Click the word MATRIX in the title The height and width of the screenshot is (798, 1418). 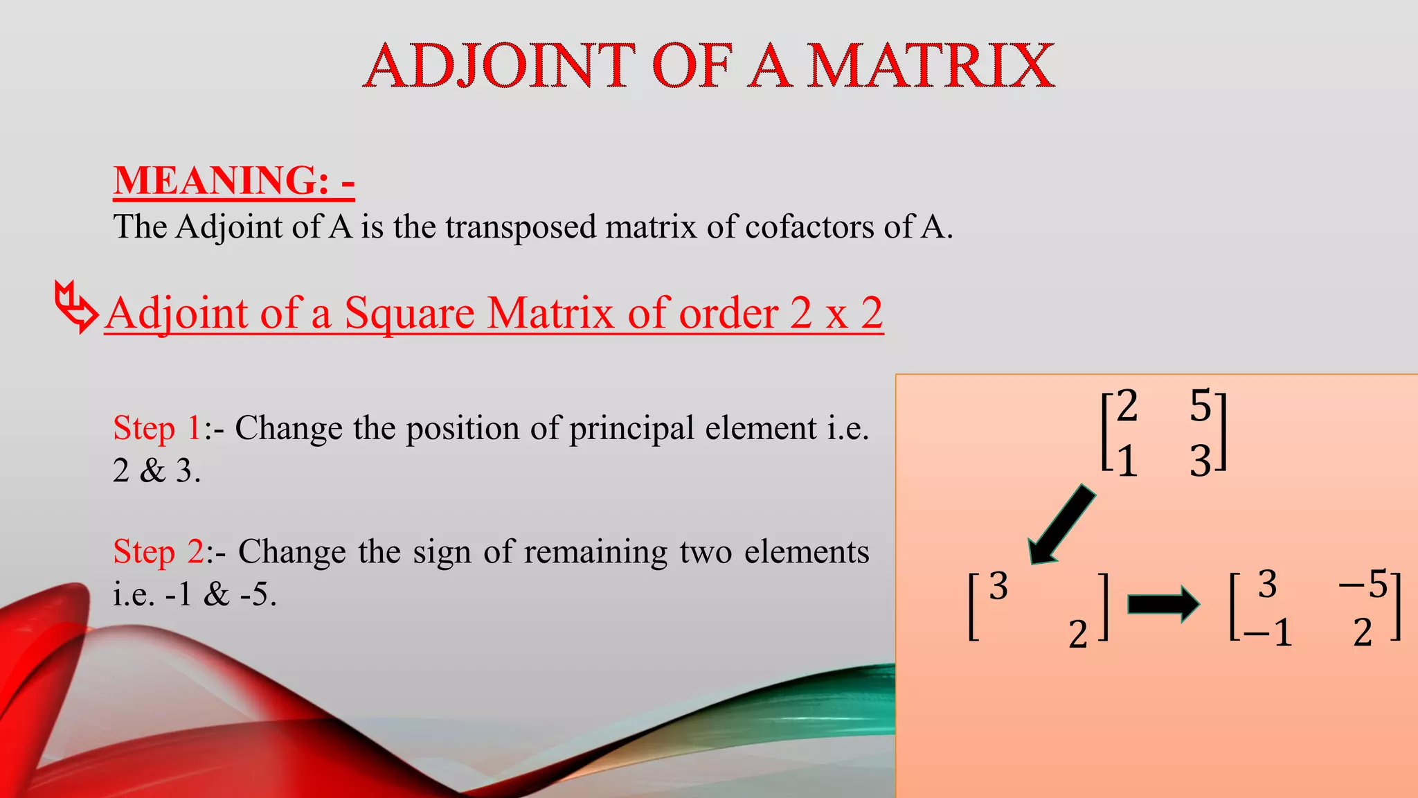pos(931,66)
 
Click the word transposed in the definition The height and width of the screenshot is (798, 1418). pos(520,227)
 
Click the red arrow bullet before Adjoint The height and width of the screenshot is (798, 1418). pos(75,306)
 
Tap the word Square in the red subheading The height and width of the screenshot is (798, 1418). pos(409,313)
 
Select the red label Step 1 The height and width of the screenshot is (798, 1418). pos(157,428)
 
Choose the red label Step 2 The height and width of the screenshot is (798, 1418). pos(159,552)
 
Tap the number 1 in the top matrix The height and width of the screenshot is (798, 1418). pos(1127,461)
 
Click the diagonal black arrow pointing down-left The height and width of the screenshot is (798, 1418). pos(1061,525)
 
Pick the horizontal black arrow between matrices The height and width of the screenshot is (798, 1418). pos(1163,604)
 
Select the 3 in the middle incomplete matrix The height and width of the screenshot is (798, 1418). pos(998,587)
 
